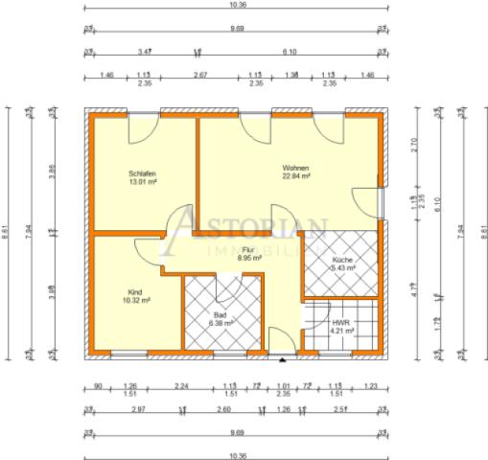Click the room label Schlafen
(142, 173)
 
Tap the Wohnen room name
(294, 167)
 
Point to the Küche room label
(342, 260)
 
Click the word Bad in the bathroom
(220, 313)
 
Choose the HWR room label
(341, 323)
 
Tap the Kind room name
(135, 291)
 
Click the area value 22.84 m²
(294, 176)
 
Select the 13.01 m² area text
(142, 183)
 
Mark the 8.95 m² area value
(250, 258)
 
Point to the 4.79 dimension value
(413, 286)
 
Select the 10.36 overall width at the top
(238, 7)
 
